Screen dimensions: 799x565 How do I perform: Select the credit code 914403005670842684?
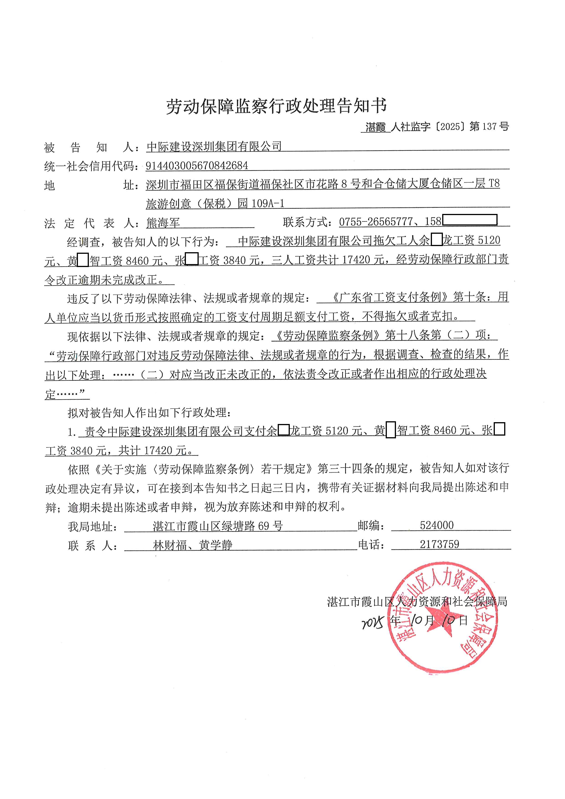[x=197, y=166]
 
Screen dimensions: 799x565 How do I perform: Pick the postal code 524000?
[x=437, y=525]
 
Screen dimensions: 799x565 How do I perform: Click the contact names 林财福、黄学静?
[x=192, y=545]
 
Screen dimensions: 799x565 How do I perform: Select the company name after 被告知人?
[x=214, y=147]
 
